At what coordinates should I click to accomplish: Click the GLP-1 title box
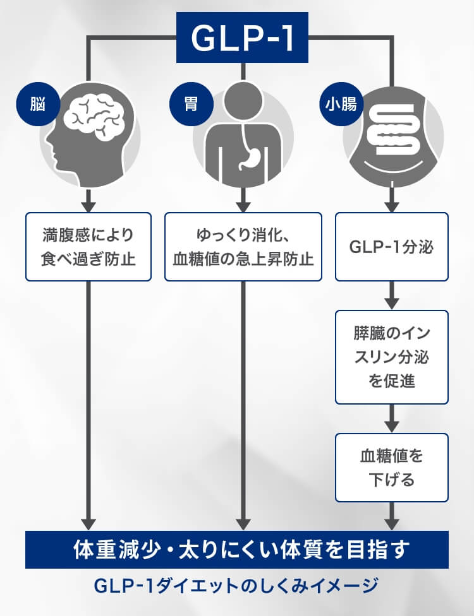point(243,38)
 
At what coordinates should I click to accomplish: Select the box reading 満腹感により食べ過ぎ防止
point(88,246)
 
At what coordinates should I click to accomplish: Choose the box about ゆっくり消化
point(243,246)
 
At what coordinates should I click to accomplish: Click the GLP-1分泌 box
point(392,246)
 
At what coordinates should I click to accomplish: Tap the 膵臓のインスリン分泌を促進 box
point(392,357)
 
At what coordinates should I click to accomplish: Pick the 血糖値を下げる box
point(392,467)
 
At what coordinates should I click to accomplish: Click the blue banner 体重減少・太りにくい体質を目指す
point(237,549)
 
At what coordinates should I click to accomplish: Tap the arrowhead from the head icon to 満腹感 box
point(88,205)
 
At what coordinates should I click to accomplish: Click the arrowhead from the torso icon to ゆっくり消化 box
point(243,205)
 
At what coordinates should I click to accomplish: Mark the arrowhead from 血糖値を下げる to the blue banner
point(392,523)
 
